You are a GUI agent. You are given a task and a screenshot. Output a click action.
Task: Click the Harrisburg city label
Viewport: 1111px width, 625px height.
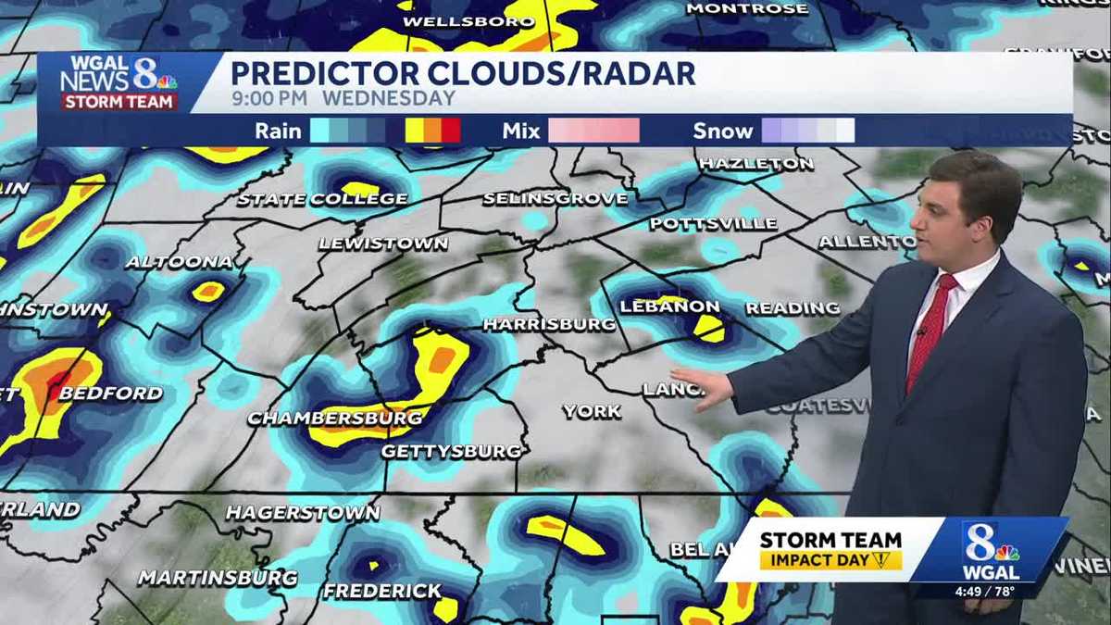(549, 324)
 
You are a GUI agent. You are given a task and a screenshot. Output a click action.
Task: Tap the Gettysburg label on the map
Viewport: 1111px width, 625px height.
(452, 451)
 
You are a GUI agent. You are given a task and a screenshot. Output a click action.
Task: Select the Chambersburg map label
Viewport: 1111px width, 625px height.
(335, 419)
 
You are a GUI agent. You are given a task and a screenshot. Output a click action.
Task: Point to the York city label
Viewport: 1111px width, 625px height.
(592, 411)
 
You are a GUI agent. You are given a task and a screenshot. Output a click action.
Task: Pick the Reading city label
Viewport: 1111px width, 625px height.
(793, 308)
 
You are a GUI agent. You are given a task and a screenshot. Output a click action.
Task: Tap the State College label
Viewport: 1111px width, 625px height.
(322, 199)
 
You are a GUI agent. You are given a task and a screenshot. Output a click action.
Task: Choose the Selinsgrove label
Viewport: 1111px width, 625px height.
(555, 199)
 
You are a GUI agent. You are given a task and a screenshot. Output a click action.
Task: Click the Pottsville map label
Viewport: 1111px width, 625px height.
(713, 224)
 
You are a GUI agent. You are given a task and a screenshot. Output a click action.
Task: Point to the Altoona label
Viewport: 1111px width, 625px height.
(180, 262)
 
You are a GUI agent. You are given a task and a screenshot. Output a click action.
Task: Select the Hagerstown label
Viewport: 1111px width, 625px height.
(303, 513)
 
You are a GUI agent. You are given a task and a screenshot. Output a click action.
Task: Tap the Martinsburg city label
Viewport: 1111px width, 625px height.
(218, 578)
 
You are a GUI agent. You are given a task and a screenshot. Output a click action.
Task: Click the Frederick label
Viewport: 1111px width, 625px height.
(382, 591)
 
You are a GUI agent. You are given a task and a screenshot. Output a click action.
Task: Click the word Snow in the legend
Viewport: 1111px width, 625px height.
(722, 131)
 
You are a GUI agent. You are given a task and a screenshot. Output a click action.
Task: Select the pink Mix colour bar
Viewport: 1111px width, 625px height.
(593, 131)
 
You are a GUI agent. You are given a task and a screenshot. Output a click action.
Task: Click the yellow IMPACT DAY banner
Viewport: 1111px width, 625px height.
(830, 560)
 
